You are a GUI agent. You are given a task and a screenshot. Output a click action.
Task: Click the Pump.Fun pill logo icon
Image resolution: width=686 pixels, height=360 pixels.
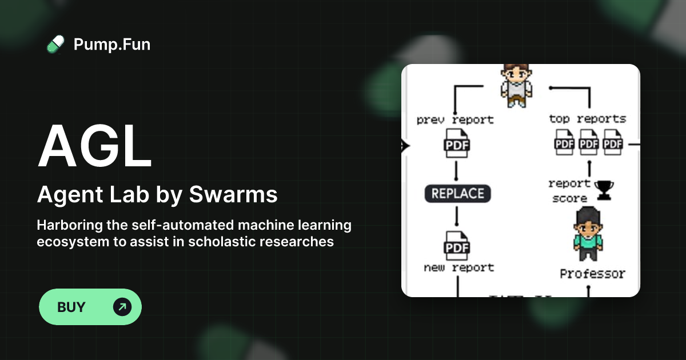55,44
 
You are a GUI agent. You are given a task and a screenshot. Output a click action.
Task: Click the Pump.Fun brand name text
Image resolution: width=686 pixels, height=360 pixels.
112,44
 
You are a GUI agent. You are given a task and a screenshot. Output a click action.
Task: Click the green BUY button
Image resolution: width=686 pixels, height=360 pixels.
90,307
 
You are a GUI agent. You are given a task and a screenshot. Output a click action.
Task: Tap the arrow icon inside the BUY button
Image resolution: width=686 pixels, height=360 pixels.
122,307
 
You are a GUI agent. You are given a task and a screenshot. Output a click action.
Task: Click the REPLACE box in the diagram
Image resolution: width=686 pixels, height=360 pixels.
457,194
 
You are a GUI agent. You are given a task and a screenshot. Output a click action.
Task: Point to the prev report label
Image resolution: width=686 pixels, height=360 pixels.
455,120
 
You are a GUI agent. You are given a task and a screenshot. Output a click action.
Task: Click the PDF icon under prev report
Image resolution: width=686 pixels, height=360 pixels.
457,145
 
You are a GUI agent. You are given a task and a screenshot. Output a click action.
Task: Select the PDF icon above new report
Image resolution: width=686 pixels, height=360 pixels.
457,247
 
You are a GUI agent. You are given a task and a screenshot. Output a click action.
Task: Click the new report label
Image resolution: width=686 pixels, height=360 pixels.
458,267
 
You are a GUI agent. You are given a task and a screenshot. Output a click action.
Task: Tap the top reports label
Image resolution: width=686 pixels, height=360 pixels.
587,119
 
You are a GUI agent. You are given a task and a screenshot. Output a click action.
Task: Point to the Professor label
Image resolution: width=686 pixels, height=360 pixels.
592,274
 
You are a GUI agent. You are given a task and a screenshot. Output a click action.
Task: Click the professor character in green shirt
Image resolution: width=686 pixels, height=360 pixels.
588,235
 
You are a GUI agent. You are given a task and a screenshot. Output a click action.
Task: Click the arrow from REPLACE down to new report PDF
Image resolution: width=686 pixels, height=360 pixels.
457,218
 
